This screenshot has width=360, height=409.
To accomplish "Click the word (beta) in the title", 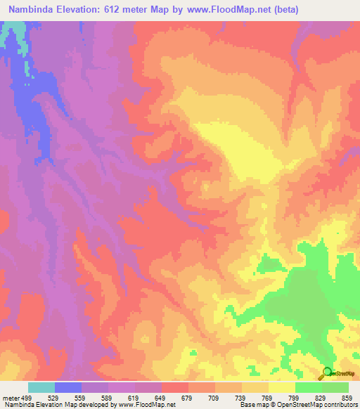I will [282, 10].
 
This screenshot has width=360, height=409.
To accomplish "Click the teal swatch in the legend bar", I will [41, 388].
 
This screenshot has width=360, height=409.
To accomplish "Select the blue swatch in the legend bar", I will [68, 388].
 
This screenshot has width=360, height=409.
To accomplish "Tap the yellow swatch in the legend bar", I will [281, 388].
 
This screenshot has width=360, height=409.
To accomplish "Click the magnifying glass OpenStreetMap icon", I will [328, 372].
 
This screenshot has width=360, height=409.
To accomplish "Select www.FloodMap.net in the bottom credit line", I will [147, 404].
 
